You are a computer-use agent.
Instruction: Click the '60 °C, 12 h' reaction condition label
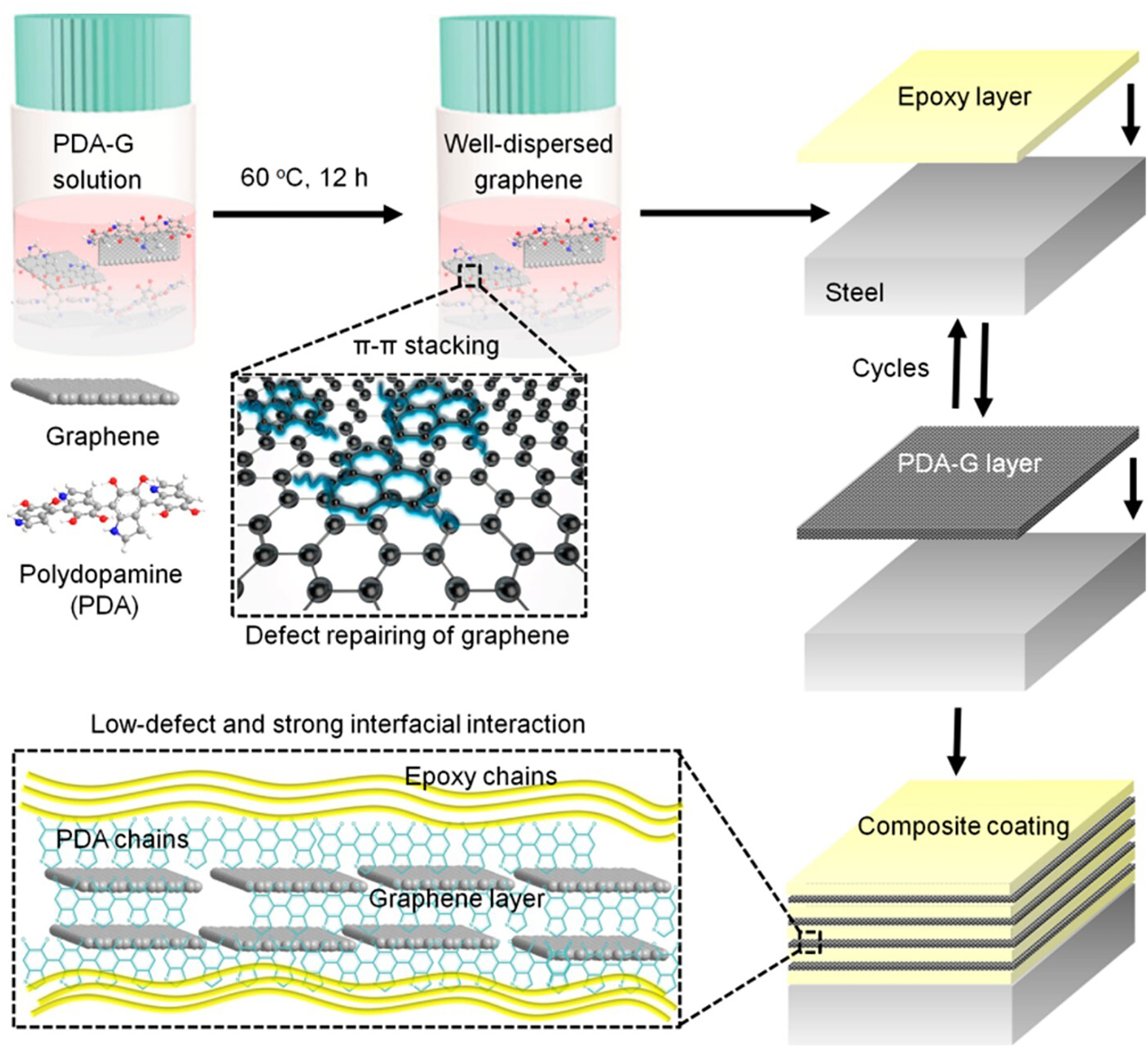303,178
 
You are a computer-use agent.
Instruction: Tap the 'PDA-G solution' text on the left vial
95,162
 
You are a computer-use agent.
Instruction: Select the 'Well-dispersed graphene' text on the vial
528,162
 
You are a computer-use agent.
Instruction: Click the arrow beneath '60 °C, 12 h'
308,213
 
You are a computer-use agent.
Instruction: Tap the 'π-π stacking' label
426,346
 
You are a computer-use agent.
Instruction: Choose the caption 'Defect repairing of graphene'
407,636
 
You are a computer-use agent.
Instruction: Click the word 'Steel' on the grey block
854,293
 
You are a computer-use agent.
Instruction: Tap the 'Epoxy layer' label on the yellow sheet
964,97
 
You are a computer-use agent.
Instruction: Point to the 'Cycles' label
890,368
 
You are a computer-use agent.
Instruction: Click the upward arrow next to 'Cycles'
957,363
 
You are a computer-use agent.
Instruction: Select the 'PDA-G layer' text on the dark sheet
969,463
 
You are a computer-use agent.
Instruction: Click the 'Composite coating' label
963,826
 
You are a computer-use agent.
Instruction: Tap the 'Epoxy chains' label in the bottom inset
481,776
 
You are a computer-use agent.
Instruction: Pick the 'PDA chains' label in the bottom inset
122,839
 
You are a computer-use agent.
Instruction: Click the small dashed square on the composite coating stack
809,941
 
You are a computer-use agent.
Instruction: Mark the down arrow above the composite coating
956,741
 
